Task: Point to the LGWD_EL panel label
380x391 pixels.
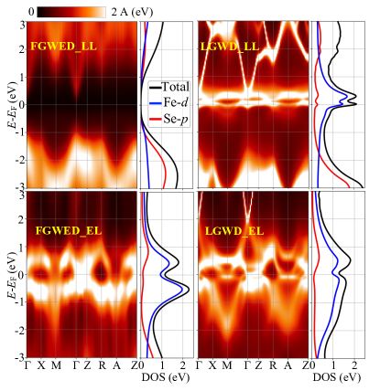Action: coord(233,231)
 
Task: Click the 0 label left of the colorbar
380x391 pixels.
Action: coord(31,10)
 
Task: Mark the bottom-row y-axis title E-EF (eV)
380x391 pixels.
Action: coord(9,273)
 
